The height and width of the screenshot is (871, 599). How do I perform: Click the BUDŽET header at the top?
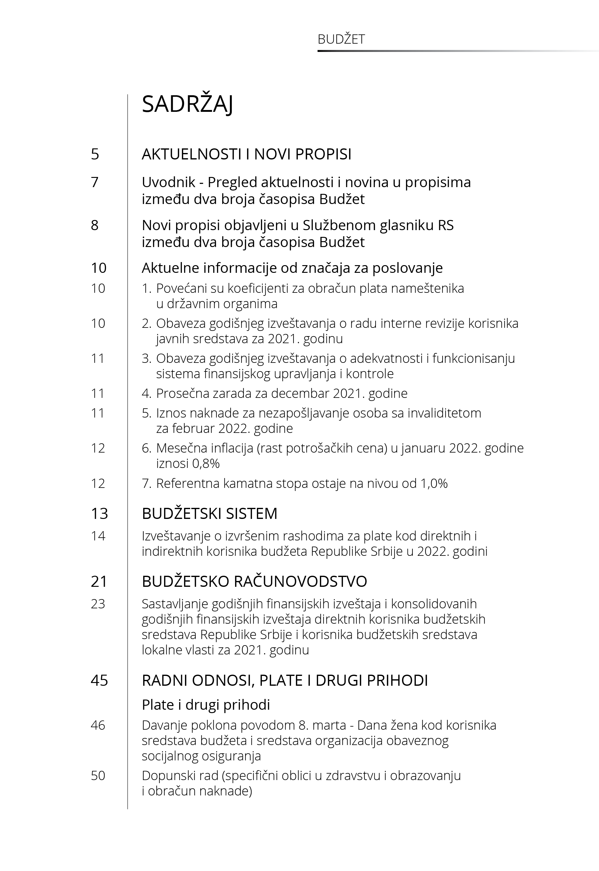[341, 39]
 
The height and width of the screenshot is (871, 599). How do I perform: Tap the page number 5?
[95, 154]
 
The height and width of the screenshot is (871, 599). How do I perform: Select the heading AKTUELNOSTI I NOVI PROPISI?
[246, 154]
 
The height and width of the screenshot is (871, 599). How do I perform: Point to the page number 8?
[95, 225]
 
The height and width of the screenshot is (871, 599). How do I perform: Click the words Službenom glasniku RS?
[378, 225]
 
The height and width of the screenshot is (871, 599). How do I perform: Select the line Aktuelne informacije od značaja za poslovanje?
[292, 268]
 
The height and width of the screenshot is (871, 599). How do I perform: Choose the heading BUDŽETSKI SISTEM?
[209, 513]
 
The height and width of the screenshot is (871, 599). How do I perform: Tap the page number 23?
[98, 604]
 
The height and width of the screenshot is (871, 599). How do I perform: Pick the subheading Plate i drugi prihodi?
[206, 705]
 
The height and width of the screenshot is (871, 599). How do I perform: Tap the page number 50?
[98, 775]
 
